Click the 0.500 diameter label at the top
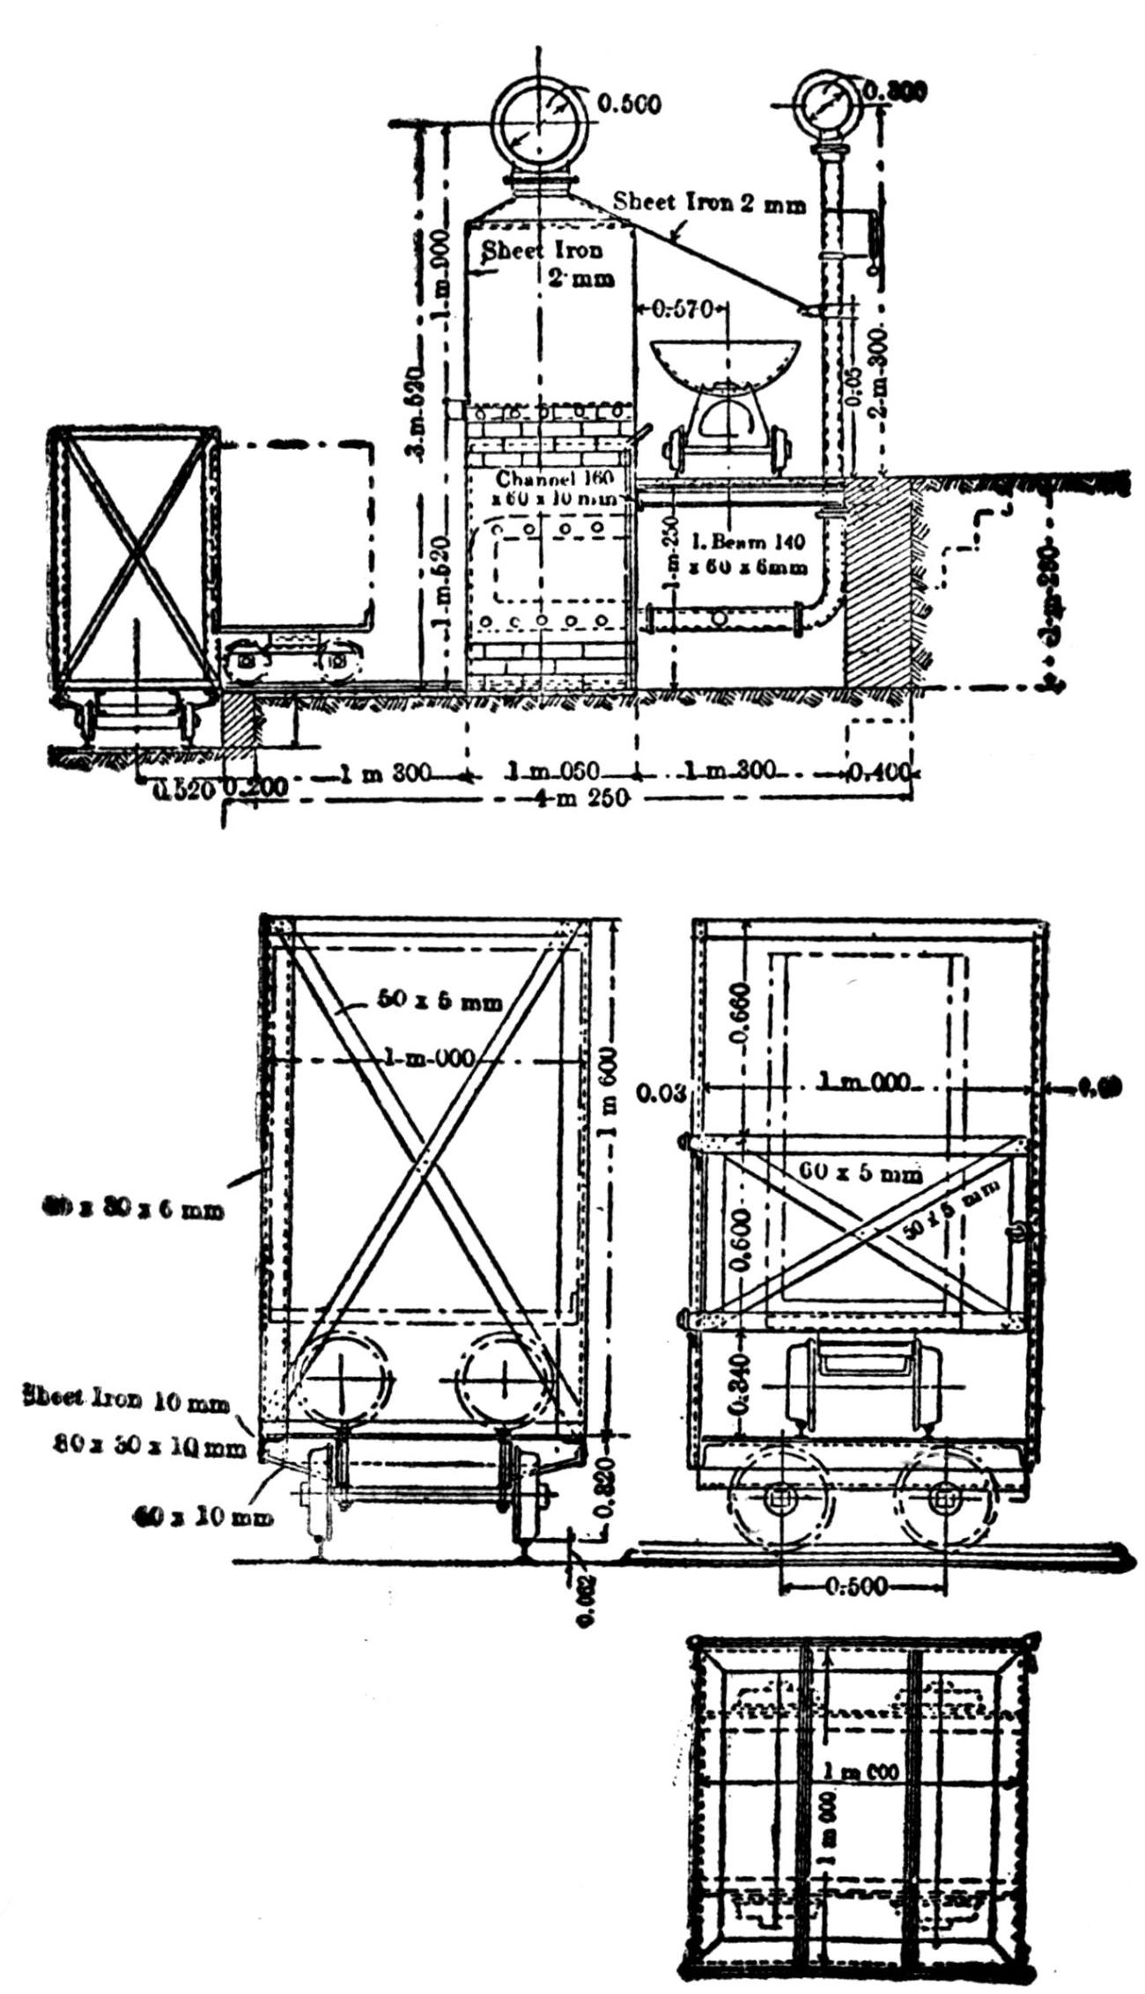pos(629,104)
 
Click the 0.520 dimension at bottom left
pos(184,790)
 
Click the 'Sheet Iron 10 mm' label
pos(128,1397)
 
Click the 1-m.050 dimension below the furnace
pos(553,772)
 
